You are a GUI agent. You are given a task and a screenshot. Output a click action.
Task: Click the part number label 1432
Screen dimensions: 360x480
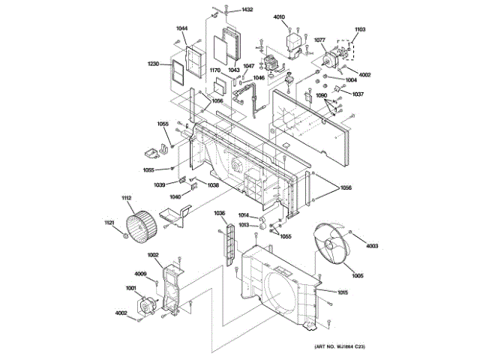point(247,10)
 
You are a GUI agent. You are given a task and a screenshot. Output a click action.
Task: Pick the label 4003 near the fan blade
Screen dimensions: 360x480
point(373,247)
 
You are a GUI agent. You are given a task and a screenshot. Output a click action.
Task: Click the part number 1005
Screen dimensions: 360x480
point(357,276)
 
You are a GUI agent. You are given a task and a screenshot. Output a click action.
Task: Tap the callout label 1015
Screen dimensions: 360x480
point(342,292)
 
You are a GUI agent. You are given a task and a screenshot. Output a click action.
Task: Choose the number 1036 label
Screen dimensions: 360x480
point(219,214)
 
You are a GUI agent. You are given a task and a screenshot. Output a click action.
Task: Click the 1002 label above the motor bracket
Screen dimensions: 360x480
point(153,255)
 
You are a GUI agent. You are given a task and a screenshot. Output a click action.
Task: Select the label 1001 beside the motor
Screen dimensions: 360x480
point(130,289)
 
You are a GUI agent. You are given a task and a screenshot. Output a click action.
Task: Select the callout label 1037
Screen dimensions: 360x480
point(358,94)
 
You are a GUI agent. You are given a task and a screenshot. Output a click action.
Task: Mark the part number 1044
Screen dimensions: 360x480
point(181,28)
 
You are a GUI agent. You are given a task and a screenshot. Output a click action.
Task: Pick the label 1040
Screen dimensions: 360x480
point(175,196)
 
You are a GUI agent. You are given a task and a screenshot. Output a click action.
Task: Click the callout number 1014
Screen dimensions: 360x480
point(244,216)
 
